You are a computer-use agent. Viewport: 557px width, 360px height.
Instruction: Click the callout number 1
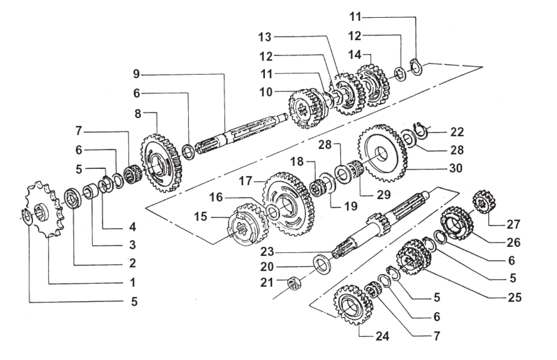tap(133, 282)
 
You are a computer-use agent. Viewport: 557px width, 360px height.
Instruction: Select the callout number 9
tap(136, 74)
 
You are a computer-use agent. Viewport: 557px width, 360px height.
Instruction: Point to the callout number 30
tap(455, 168)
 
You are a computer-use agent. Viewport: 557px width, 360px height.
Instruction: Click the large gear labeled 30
tap(382, 154)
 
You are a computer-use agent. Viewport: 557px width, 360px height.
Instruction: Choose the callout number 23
tap(267, 252)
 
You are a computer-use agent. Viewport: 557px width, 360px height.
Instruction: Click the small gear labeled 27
tap(484, 202)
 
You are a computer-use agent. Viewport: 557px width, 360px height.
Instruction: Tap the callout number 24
tap(382, 337)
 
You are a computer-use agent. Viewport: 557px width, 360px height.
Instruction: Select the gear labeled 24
tap(353, 305)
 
